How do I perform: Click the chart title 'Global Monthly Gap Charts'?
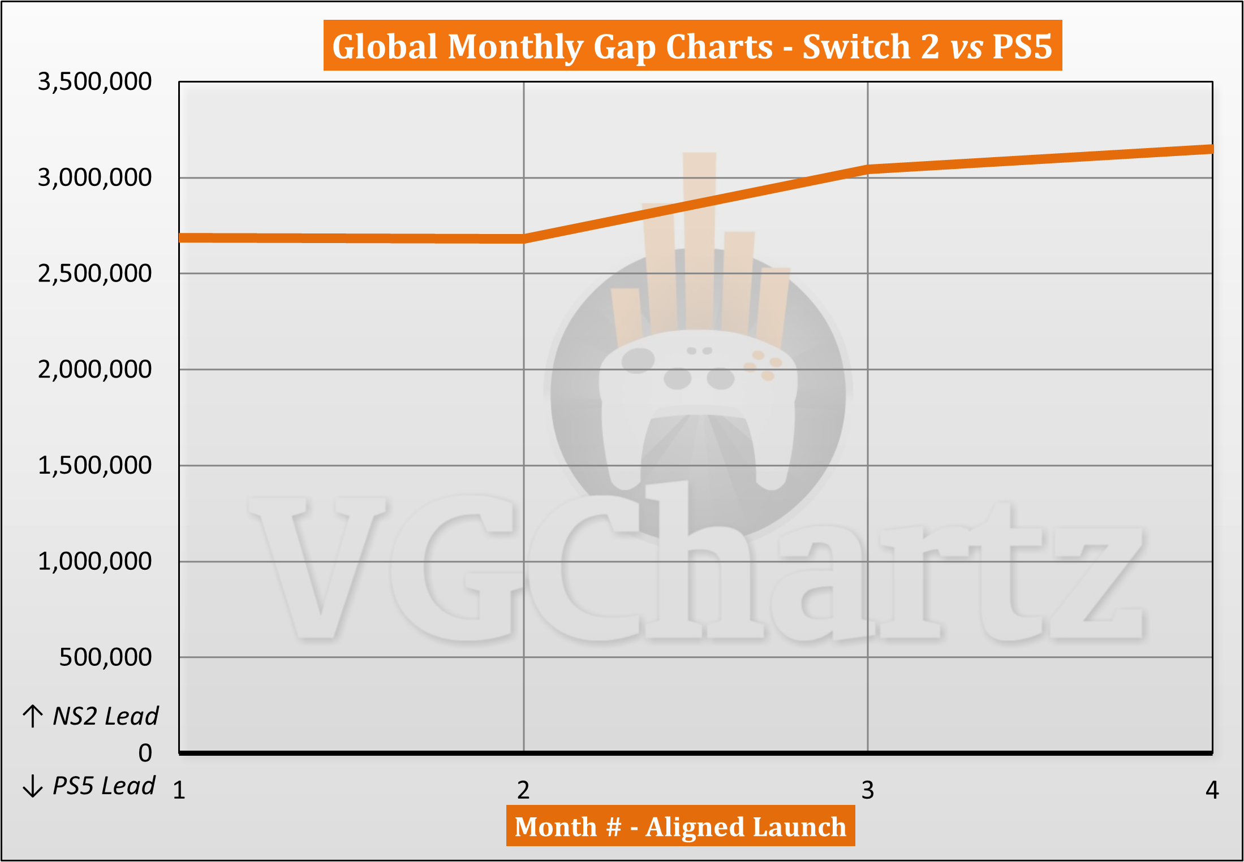(x=692, y=46)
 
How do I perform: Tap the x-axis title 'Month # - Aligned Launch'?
(x=680, y=826)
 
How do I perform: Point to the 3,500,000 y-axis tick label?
(x=94, y=81)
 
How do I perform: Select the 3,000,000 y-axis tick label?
(x=94, y=177)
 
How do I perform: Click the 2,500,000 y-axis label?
(x=94, y=274)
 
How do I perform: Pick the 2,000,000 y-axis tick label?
(x=94, y=370)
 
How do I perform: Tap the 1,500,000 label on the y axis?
(x=94, y=465)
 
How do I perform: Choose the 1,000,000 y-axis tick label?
(x=94, y=561)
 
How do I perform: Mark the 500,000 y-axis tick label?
(x=105, y=657)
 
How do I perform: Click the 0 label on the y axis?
(x=145, y=753)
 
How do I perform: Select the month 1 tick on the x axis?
(x=179, y=790)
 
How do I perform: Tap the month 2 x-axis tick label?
(x=523, y=790)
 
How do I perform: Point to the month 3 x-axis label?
(x=868, y=790)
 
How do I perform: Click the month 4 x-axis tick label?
(x=1212, y=790)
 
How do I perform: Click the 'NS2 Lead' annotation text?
(x=105, y=716)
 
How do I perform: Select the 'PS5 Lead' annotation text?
(x=104, y=786)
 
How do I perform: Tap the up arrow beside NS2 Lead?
(x=33, y=716)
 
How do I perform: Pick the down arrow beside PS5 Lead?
(x=33, y=786)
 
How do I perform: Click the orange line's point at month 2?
(x=524, y=239)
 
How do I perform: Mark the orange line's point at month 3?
(x=868, y=170)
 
